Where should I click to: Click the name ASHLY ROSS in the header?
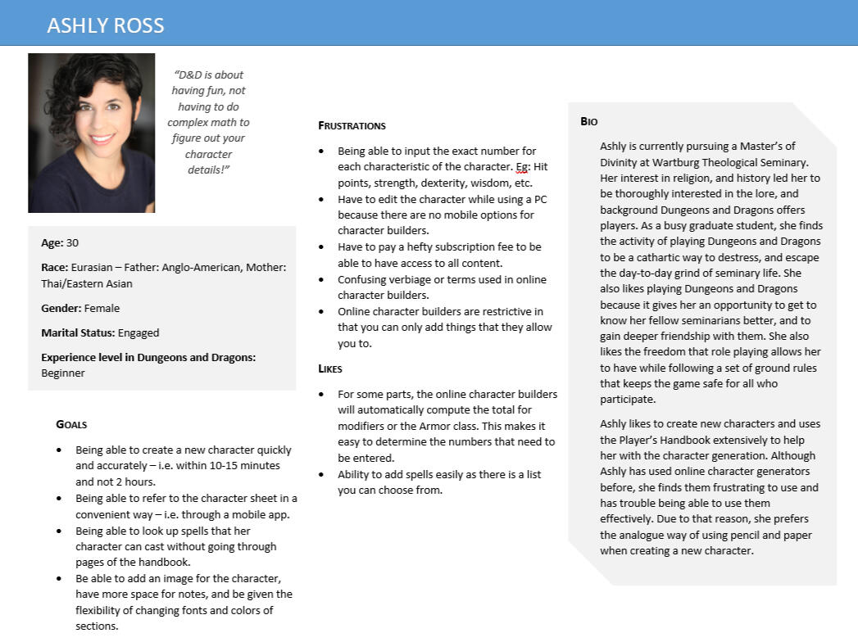106,25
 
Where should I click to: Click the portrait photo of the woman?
91,133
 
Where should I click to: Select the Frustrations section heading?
352,126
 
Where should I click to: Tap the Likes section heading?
330,369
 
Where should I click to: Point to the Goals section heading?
71,424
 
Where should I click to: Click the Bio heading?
589,121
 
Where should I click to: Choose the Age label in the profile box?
52,243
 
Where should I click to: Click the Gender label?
61,309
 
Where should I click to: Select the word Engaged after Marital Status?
138,333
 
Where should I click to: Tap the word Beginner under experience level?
63,373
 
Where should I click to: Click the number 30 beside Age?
73,243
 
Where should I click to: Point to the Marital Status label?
77,333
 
